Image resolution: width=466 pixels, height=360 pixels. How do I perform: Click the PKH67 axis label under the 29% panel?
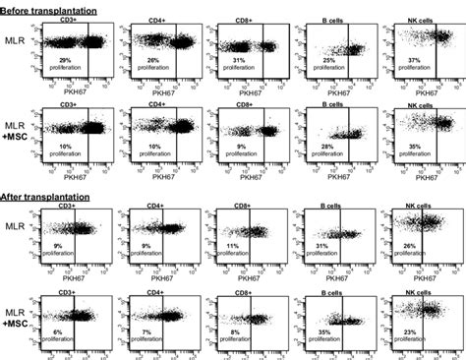[80, 92]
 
